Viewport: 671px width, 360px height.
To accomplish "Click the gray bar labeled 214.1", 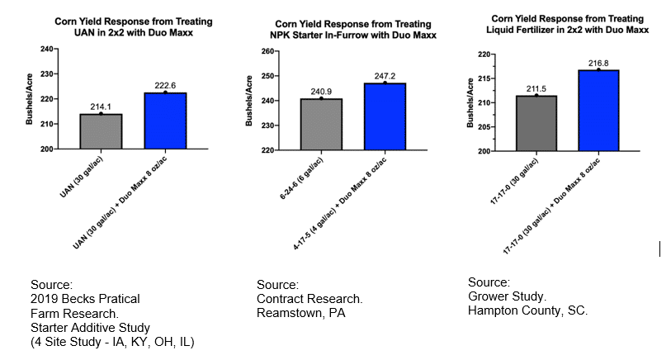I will coord(101,131).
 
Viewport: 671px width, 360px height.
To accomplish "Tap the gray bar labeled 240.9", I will coord(321,125).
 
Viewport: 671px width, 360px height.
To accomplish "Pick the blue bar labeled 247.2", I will coord(385,116).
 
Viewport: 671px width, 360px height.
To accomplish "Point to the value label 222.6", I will coord(165,85).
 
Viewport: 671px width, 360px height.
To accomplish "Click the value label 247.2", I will coord(385,76).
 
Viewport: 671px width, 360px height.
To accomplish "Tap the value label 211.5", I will coord(536,88).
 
